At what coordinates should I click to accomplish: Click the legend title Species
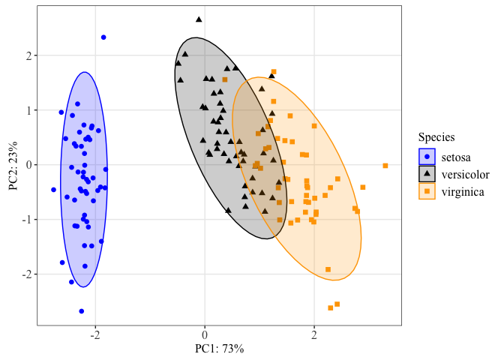[436, 136]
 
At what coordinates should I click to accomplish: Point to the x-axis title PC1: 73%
[220, 349]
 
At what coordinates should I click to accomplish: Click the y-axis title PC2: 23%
[13, 164]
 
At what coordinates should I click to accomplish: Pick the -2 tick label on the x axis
[95, 334]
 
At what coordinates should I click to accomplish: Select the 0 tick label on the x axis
[205, 334]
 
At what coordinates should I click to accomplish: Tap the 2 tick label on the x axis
[314, 334]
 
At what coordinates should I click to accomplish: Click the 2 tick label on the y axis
[27, 55]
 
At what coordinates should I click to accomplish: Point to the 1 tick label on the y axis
[27, 110]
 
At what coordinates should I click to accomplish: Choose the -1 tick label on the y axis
[25, 220]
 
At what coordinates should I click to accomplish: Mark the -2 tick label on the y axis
[25, 274]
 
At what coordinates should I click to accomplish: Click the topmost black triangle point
[199, 19]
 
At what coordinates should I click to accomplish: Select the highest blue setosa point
[103, 37]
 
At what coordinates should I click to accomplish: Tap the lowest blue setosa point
[81, 310]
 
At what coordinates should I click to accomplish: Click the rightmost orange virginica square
[385, 166]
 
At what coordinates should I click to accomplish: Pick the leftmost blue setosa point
[53, 190]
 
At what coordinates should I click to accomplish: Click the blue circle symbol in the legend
[427, 156]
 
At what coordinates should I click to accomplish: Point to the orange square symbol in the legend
[427, 191]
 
